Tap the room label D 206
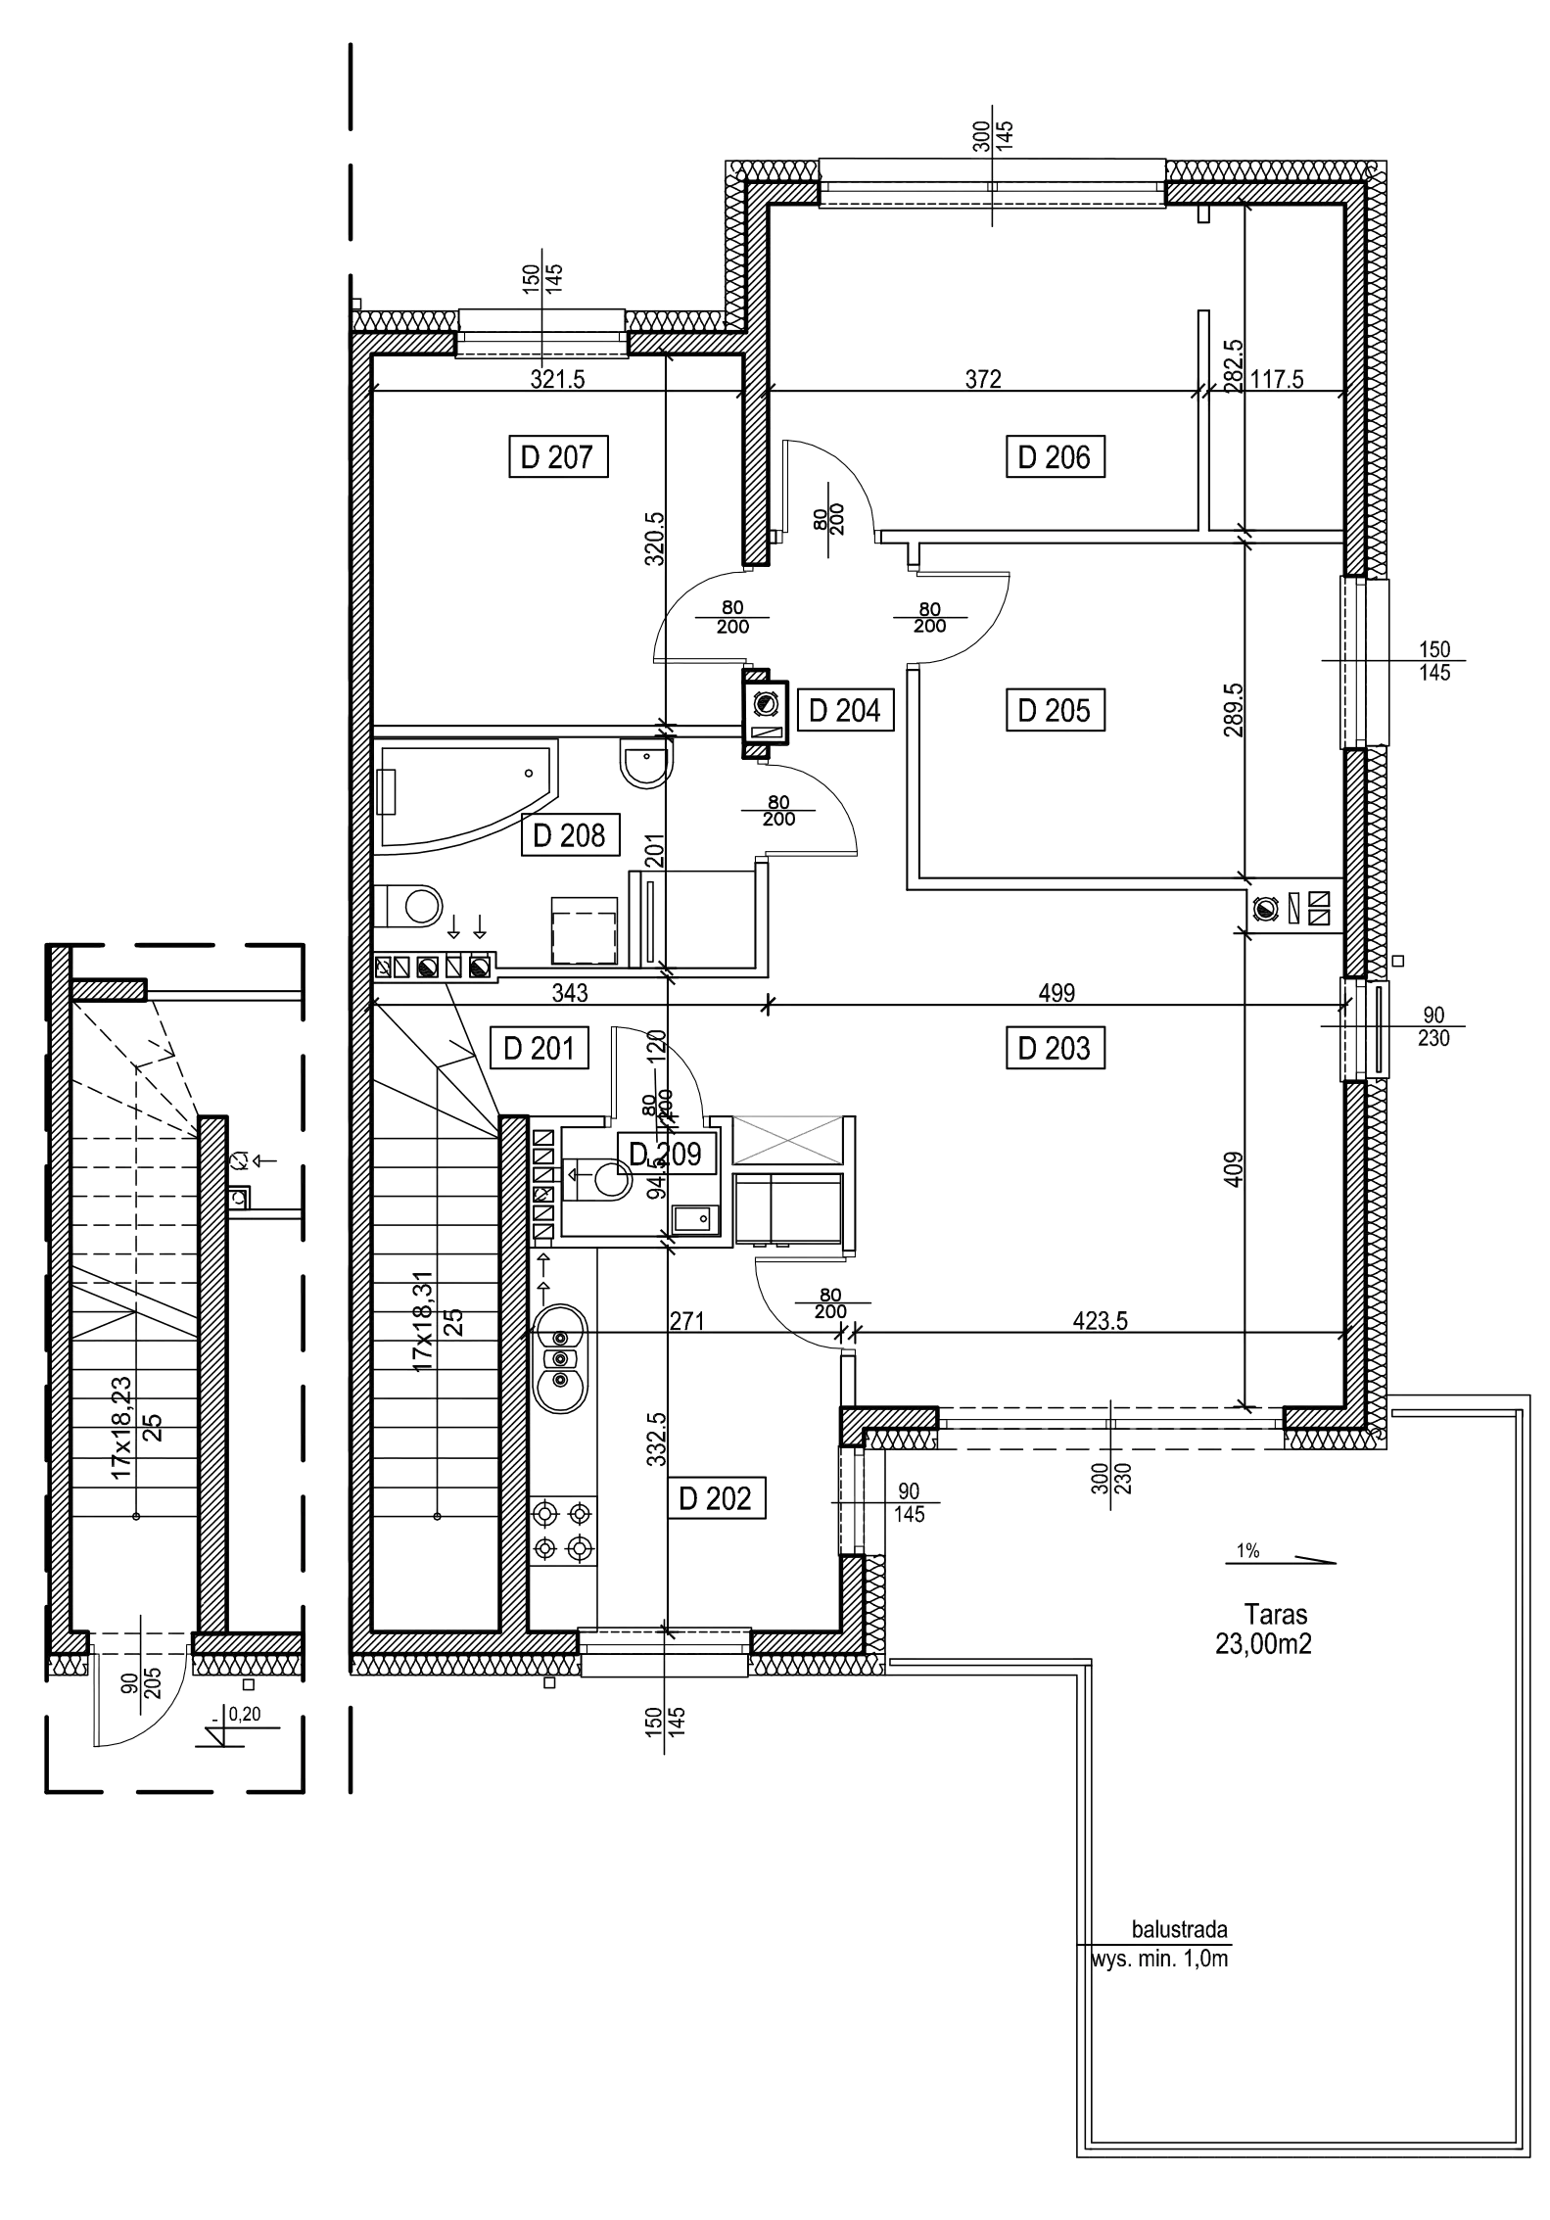(x=1057, y=457)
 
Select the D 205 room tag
(x=1057, y=711)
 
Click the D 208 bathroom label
(x=571, y=836)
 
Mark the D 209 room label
(x=666, y=1156)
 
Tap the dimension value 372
(x=983, y=380)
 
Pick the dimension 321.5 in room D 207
(x=557, y=380)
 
